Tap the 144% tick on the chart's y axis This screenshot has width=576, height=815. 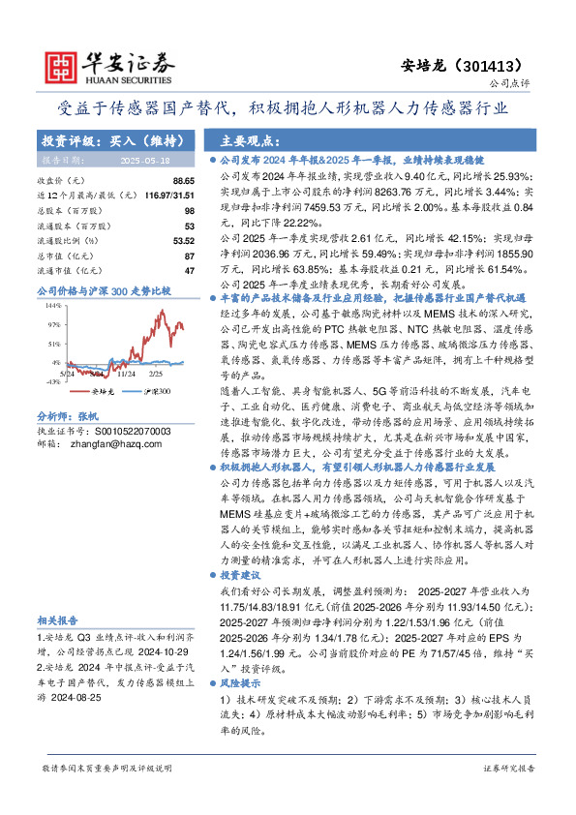click(53, 304)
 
